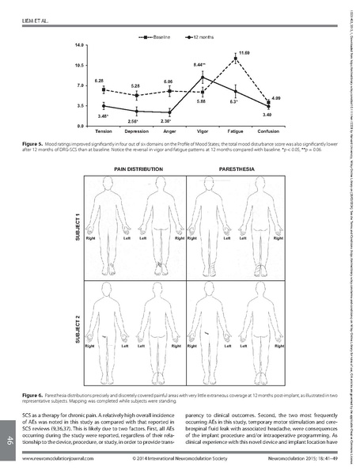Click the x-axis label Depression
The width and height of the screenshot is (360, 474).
pos(137,131)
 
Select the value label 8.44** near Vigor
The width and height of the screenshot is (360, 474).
pos(200,63)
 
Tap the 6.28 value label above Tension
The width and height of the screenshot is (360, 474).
pos(100,81)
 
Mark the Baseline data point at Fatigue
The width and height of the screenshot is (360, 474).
pos(235,58)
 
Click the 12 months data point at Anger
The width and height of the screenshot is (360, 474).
pos(169,112)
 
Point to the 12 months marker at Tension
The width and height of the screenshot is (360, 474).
pos(104,106)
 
